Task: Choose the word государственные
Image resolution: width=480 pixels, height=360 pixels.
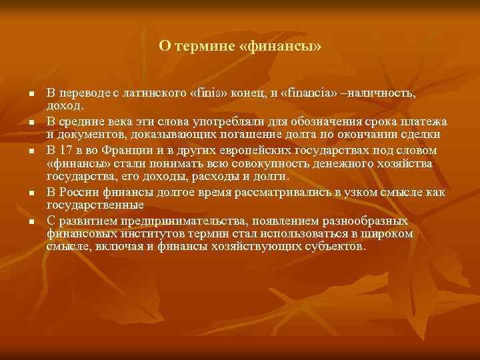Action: point(95,205)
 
